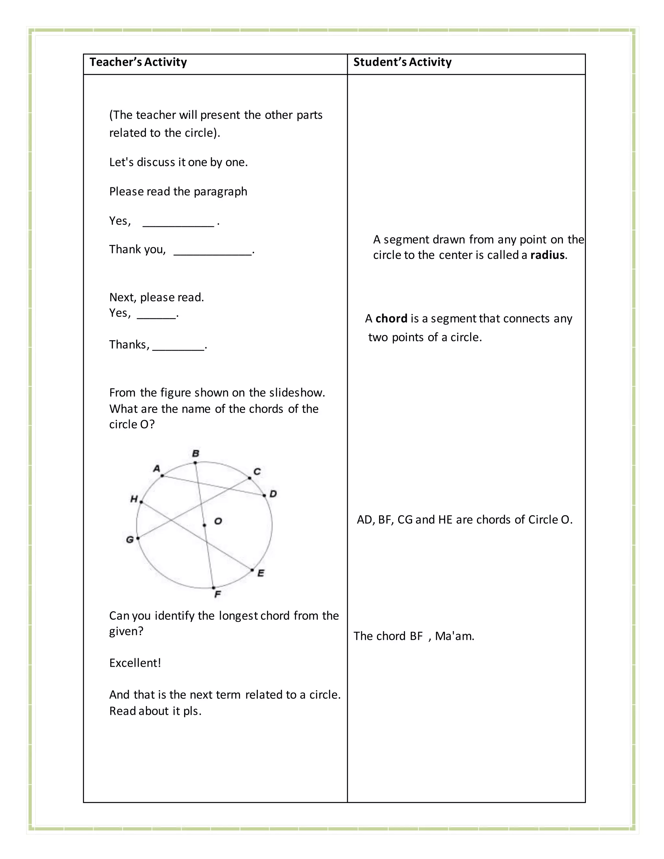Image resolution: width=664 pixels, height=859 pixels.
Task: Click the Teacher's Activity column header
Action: click(138, 62)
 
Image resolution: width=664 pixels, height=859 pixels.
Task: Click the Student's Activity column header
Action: click(402, 62)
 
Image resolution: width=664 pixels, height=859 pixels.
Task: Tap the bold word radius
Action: click(548, 255)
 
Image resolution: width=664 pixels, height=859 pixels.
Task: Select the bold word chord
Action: click(391, 319)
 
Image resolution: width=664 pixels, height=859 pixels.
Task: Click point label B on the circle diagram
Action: click(196, 453)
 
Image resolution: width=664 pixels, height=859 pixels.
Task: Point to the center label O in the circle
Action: click(218, 521)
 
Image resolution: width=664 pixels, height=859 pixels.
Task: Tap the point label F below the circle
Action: click(218, 594)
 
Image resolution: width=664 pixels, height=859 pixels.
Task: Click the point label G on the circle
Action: click(129, 540)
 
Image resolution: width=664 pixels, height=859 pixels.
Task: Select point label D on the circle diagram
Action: click(273, 494)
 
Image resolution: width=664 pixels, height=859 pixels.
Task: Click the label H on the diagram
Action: click(134, 499)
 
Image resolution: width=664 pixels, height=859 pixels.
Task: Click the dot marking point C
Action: click(249, 478)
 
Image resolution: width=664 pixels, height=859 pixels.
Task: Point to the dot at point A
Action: click(162, 476)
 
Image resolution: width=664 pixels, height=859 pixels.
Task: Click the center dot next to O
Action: click(204, 525)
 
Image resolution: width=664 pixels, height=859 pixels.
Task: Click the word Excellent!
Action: click(135, 663)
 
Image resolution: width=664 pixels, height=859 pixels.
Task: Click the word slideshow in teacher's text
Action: click(297, 393)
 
